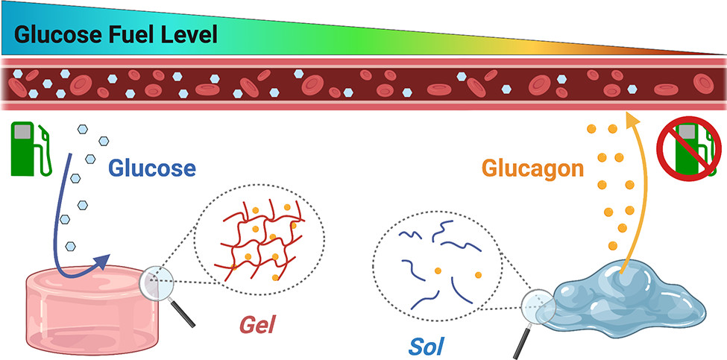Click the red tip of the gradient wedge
coord(720,53)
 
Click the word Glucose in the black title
coord(56,35)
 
